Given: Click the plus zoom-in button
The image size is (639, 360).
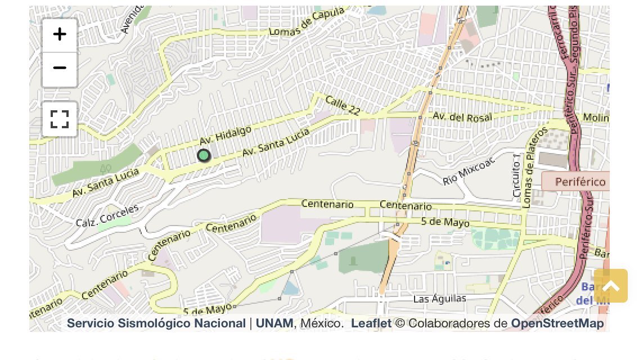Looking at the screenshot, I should (x=60, y=34).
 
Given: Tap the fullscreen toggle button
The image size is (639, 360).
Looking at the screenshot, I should (x=60, y=119).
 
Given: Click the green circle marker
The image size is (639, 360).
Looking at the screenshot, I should (x=204, y=155).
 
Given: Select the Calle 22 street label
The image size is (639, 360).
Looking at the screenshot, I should (x=343, y=106).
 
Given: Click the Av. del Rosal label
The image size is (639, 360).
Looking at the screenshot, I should (x=462, y=117).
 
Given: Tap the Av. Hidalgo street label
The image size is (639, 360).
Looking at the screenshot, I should (x=225, y=135).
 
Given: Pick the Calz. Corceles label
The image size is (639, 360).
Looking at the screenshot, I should (x=107, y=215).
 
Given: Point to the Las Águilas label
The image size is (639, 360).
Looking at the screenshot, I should (x=440, y=298).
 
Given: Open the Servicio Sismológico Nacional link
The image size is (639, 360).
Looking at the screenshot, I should (x=156, y=323).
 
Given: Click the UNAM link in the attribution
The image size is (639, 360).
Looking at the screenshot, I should (x=274, y=323).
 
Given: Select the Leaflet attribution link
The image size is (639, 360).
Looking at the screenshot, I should (x=371, y=323).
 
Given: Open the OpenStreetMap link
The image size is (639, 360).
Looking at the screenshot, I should (x=557, y=323).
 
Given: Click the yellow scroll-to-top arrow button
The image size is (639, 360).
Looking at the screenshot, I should (x=610, y=286).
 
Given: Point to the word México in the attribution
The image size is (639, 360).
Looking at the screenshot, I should (x=321, y=323).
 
